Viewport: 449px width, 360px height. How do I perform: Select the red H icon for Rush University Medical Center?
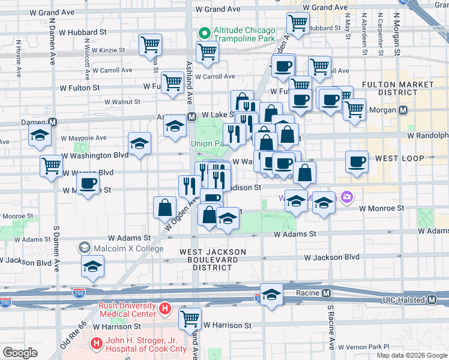(x=166, y=310)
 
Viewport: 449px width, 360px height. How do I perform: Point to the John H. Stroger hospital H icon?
(x=95, y=344)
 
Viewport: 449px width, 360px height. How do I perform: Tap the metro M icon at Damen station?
(x=53, y=122)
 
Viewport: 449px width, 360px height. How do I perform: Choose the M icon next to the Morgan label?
(x=404, y=111)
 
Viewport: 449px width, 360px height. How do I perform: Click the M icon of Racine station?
(x=326, y=293)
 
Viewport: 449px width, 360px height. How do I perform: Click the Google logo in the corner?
(x=20, y=352)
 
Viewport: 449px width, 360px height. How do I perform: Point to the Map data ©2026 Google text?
(x=411, y=355)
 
